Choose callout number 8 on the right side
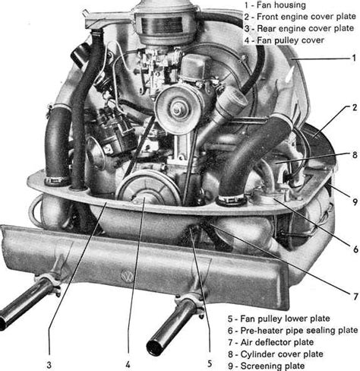(354, 156)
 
